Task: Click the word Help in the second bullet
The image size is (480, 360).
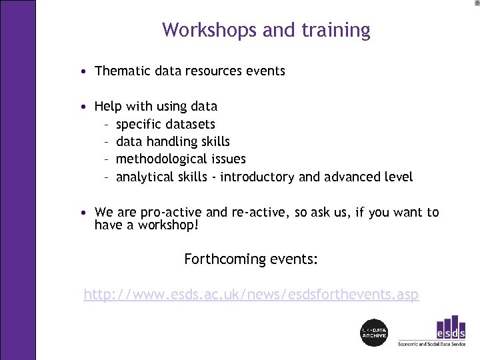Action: (108, 106)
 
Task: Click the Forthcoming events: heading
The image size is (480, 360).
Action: (251, 259)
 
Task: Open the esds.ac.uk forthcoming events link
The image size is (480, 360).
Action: (251, 294)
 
